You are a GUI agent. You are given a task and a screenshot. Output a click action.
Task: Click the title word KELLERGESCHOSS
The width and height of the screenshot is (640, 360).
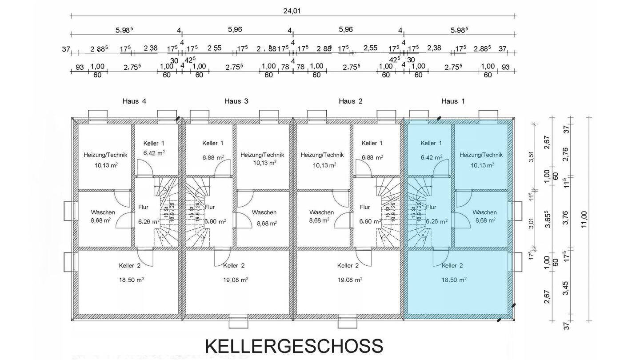[294, 346]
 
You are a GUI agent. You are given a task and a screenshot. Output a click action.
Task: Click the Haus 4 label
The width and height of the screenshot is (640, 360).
[134, 101]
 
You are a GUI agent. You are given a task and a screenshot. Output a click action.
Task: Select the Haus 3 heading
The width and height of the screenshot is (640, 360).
[236, 101]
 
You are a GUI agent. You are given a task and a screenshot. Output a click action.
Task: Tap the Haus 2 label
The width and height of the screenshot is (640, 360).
[350, 101]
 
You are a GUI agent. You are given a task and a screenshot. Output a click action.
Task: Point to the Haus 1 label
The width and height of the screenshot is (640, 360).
[453, 101]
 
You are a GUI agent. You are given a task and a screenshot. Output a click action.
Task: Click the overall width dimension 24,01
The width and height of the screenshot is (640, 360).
[292, 11]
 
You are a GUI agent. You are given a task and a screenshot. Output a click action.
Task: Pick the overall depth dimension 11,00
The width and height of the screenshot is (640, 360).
[584, 219]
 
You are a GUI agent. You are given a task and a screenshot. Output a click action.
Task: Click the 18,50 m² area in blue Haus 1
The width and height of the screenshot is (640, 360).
[454, 280]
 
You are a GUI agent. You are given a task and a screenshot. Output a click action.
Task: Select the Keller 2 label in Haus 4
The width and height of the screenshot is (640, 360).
[130, 266]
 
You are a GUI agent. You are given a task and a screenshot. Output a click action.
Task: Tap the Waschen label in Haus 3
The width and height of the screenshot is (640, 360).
[264, 212]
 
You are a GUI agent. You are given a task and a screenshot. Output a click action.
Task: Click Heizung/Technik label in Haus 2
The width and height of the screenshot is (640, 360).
[322, 155]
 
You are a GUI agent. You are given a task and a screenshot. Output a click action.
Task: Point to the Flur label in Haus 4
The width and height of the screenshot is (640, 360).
[143, 207]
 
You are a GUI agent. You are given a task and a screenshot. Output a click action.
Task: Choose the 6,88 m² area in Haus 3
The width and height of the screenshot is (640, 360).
[213, 157]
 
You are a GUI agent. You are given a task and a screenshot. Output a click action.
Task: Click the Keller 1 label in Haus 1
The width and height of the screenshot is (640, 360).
[431, 143]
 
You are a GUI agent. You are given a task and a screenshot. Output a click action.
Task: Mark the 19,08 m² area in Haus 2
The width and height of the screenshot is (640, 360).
[350, 280]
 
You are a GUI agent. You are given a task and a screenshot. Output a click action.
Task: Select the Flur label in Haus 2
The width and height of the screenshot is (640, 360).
[365, 207]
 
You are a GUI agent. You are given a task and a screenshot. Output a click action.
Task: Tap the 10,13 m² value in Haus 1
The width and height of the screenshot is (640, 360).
[482, 165]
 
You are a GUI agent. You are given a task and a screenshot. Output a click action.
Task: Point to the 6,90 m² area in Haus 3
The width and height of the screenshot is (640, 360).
[215, 221]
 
